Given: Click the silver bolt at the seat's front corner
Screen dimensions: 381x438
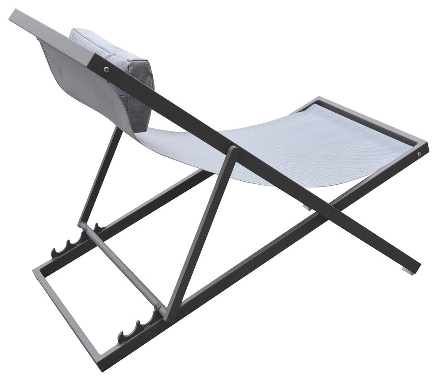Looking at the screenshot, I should [x=419, y=154].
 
